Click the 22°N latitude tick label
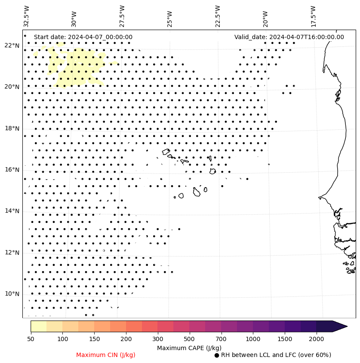click(12, 46)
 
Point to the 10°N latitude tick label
click(12, 294)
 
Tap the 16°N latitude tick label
click(12, 170)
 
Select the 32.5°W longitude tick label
click(27, 16)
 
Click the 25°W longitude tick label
click(169, 18)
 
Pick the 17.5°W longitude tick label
click(314, 16)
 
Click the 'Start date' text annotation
click(83, 37)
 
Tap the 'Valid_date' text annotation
click(289, 37)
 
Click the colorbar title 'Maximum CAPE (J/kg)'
click(189, 348)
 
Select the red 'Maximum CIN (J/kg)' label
click(106, 355)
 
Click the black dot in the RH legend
click(217, 355)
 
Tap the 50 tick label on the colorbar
click(31, 339)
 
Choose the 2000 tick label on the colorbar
click(317, 339)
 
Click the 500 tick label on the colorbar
click(189, 339)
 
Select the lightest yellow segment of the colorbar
click(38, 326)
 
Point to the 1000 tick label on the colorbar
click(253, 339)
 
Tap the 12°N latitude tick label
click(12, 253)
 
